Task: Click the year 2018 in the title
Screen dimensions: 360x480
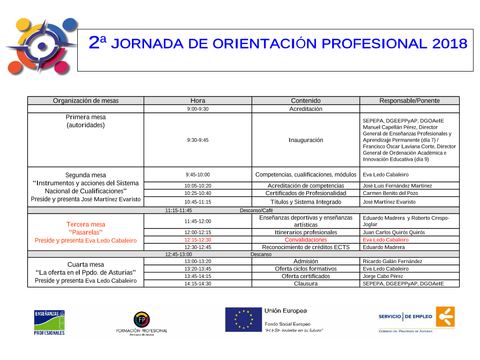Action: click(x=450, y=44)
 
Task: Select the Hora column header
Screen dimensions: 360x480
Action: click(x=198, y=101)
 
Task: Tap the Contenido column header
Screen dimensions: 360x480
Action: click(x=306, y=101)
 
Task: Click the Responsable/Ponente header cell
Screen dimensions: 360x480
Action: click(x=409, y=101)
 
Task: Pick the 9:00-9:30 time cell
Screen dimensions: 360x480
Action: click(x=198, y=109)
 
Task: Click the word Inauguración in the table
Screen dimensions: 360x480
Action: click(x=306, y=140)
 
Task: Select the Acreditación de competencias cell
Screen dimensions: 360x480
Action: click(x=306, y=186)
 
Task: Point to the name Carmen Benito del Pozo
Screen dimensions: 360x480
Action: click(x=390, y=193)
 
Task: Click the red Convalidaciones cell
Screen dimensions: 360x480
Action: click(x=306, y=240)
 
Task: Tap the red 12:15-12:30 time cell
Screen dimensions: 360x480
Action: click(x=198, y=240)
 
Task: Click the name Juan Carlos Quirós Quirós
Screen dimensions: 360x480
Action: click(x=394, y=232)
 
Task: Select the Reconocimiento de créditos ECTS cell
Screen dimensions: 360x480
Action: click(x=306, y=247)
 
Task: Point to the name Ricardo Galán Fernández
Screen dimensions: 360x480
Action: click(x=393, y=261)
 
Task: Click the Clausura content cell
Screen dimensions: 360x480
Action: click(x=306, y=284)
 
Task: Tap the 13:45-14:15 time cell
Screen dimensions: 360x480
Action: click(x=198, y=276)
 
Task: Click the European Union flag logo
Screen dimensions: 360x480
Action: click(x=242, y=319)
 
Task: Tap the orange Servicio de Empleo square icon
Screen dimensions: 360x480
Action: click(x=445, y=317)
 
